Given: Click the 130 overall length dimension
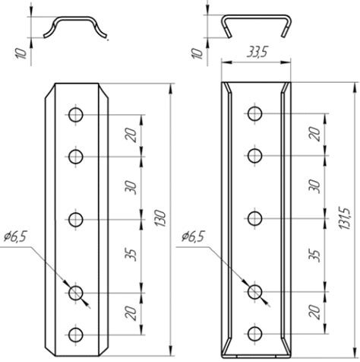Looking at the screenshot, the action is (160, 218).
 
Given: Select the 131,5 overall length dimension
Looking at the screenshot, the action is (345, 219).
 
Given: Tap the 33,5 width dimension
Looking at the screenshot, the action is (257, 52).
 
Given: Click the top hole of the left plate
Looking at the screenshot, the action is (76, 115).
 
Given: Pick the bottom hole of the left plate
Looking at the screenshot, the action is (76, 335).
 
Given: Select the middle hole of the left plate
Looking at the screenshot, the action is (76, 219).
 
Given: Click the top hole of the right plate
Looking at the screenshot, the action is (254, 113).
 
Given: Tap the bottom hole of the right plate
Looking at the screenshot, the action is (254, 334).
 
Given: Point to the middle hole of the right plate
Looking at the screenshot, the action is (254, 218).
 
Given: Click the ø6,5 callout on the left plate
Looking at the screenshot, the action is (15, 237).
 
